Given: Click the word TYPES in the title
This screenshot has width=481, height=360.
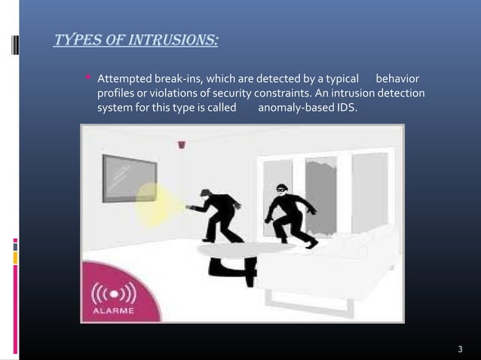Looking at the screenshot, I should [x=75, y=37].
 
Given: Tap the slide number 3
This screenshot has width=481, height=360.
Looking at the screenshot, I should [x=460, y=349].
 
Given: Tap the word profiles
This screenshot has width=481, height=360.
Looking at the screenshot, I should [x=115, y=93].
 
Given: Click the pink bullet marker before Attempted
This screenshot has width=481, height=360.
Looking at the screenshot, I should [x=89, y=78].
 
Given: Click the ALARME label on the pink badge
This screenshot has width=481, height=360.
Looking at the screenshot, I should [x=113, y=309].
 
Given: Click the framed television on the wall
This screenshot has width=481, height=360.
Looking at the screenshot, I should [x=130, y=178].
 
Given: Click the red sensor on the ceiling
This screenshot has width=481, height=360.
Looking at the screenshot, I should [x=182, y=145].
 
